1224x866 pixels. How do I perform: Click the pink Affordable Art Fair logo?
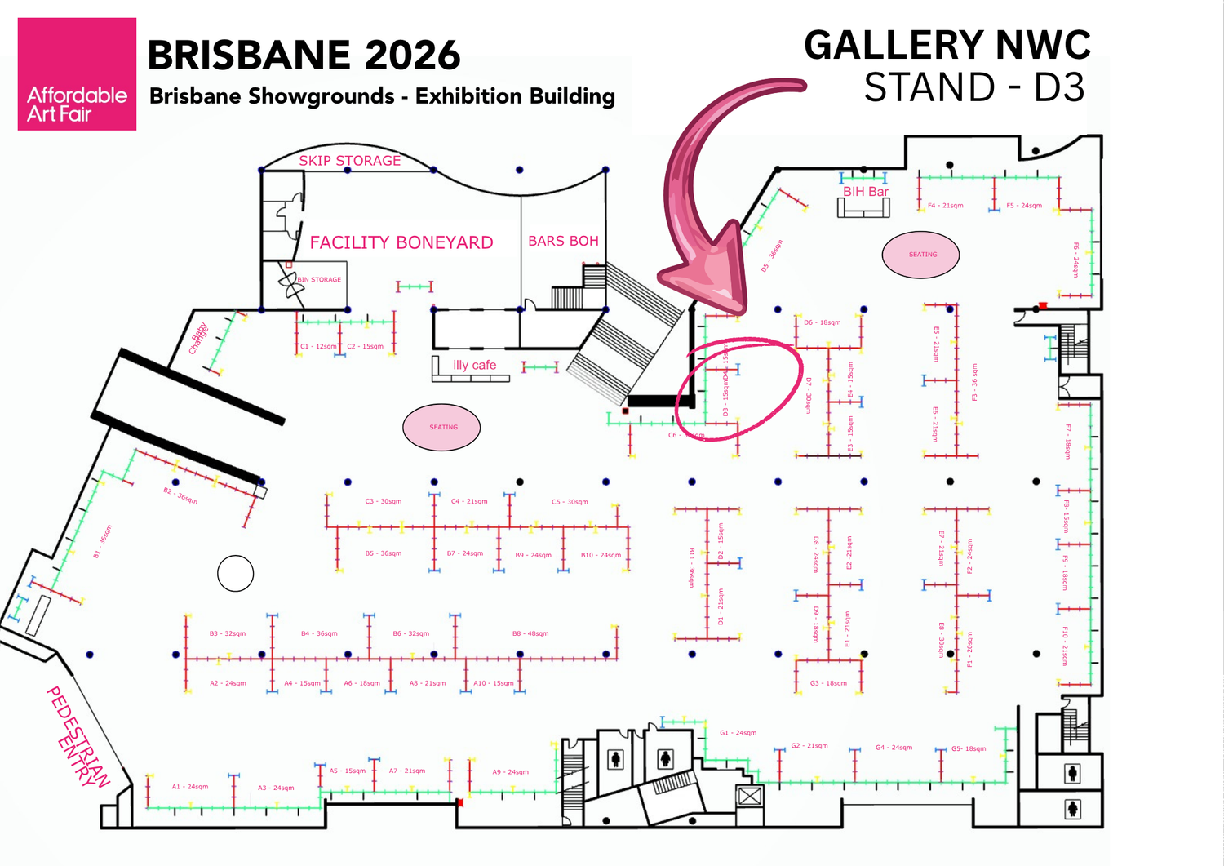click(77, 74)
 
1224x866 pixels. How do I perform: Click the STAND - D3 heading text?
click(974, 87)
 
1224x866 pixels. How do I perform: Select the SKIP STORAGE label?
click(349, 161)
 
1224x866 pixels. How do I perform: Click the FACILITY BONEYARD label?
click(401, 242)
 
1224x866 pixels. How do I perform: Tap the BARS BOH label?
click(563, 241)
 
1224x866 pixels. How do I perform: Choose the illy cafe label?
click(474, 365)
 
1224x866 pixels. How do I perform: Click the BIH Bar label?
click(866, 191)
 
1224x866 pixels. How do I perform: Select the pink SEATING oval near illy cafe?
click(441, 427)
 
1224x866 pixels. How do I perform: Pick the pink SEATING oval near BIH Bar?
click(921, 255)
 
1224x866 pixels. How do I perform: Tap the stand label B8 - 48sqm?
click(530, 633)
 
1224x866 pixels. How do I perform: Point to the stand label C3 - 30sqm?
click(384, 501)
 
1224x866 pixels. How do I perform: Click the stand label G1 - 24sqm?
click(738, 733)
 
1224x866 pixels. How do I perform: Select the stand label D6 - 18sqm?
click(822, 322)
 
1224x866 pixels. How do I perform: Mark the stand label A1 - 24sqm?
click(190, 787)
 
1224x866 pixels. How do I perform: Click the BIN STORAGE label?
click(319, 279)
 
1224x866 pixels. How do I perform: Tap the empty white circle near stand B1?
click(236, 573)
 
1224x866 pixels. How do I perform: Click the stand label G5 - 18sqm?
click(969, 748)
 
